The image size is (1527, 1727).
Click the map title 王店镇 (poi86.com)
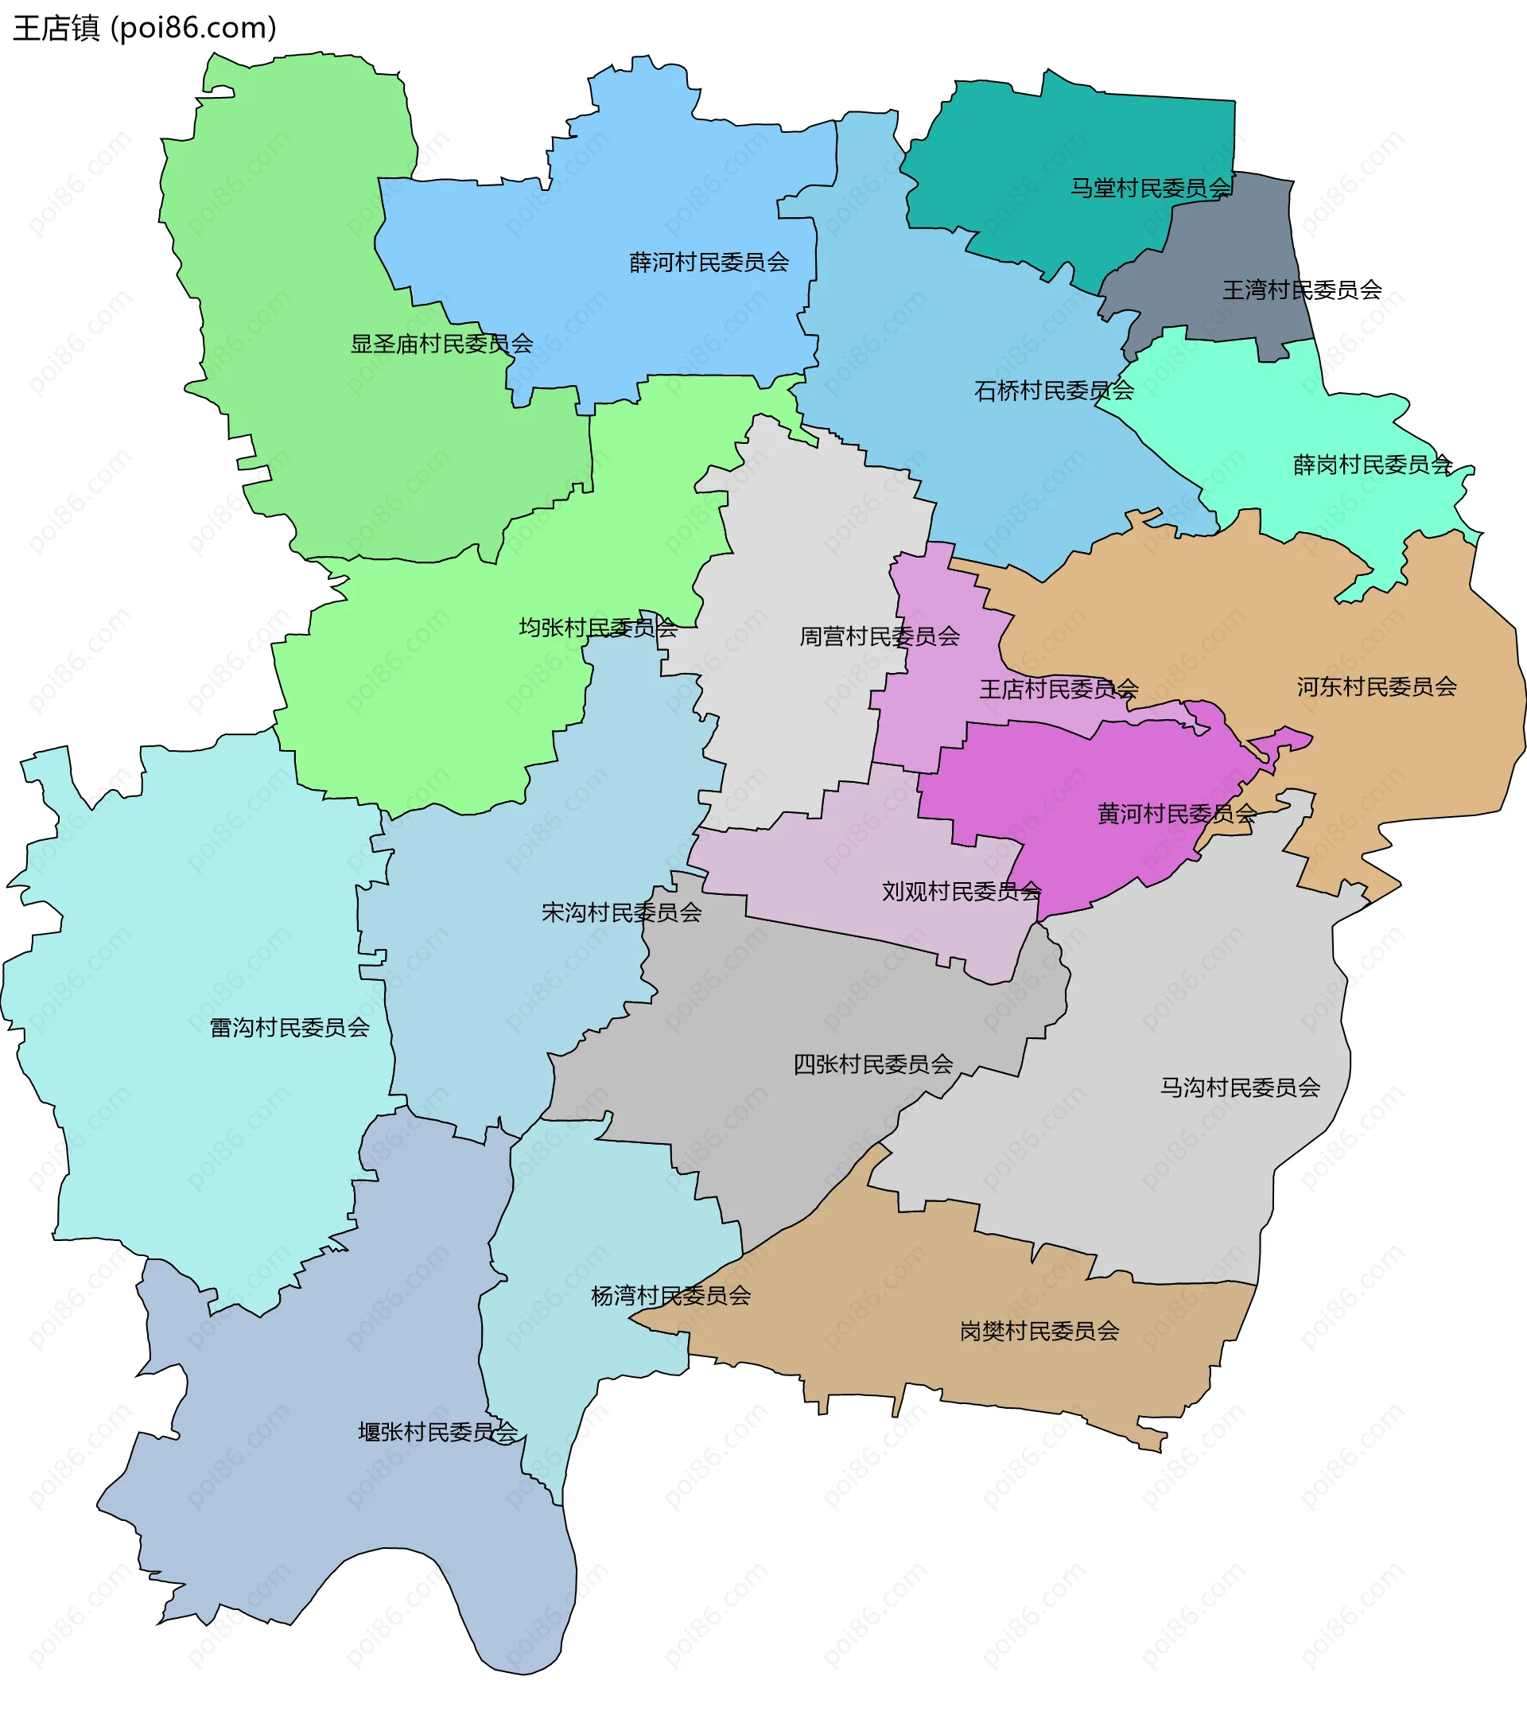(x=145, y=29)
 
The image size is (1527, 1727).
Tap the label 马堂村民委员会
(x=1150, y=189)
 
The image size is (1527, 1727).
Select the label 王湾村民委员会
(x=1301, y=290)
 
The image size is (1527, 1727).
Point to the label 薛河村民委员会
(x=709, y=263)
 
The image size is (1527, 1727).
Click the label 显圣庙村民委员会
(x=441, y=344)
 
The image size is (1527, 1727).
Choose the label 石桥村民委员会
(x=1053, y=391)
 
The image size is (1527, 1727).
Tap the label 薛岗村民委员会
(x=1373, y=465)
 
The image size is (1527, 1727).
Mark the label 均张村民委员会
(x=597, y=628)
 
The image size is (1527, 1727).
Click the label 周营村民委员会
(x=879, y=636)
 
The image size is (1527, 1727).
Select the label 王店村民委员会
(x=1059, y=690)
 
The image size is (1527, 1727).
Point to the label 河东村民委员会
(x=1377, y=687)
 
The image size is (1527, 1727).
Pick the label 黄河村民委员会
(x=1176, y=814)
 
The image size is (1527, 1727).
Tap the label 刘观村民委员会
(x=961, y=892)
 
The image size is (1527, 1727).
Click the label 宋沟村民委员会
(x=621, y=912)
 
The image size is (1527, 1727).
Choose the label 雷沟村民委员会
(x=289, y=1028)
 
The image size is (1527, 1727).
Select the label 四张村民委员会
(x=872, y=1064)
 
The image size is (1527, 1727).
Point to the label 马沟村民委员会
(x=1239, y=1087)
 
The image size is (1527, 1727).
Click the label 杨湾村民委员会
(x=670, y=1295)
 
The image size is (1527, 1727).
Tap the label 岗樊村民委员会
(x=1039, y=1332)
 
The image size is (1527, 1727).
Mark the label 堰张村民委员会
(x=437, y=1432)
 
